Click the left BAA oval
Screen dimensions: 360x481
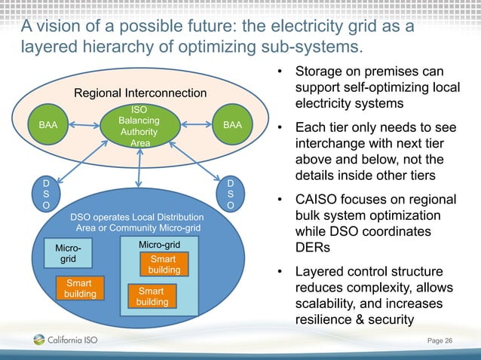pyautogui.click(x=47, y=125)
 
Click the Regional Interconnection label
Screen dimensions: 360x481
pyautogui.click(x=139, y=93)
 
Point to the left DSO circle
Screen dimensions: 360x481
pyautogui.click(x=47, y=194)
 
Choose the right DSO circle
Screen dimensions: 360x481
pyautogui.click(x=230, y=194)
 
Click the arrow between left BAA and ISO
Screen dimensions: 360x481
pyautogui.click(x=84, y=126)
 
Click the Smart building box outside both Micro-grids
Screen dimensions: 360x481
pyautogui.click(x=80, y=288)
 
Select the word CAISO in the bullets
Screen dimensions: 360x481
pyautogui.click(x=320, y=200)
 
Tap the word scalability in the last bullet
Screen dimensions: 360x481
pyautogui.click(x=327, y=304)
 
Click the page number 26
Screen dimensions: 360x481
pyautogui.click(x=449, y=342)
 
